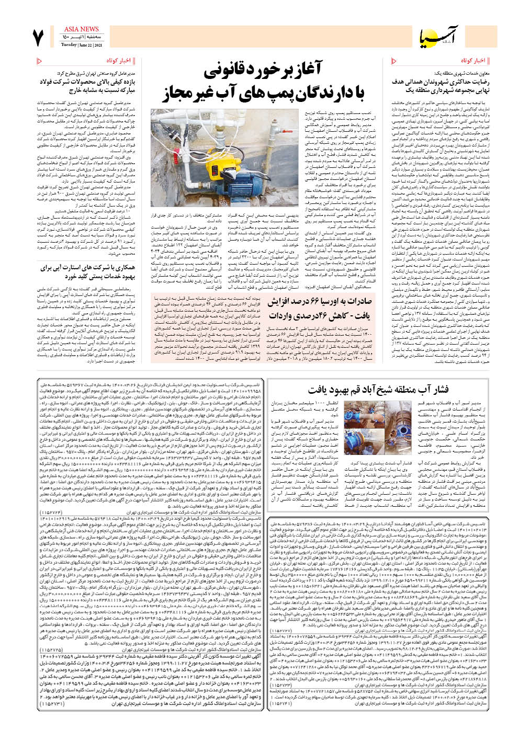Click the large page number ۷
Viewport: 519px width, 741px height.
tap(38, 38)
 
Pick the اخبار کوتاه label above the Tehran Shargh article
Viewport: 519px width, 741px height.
tap(118, 61)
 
